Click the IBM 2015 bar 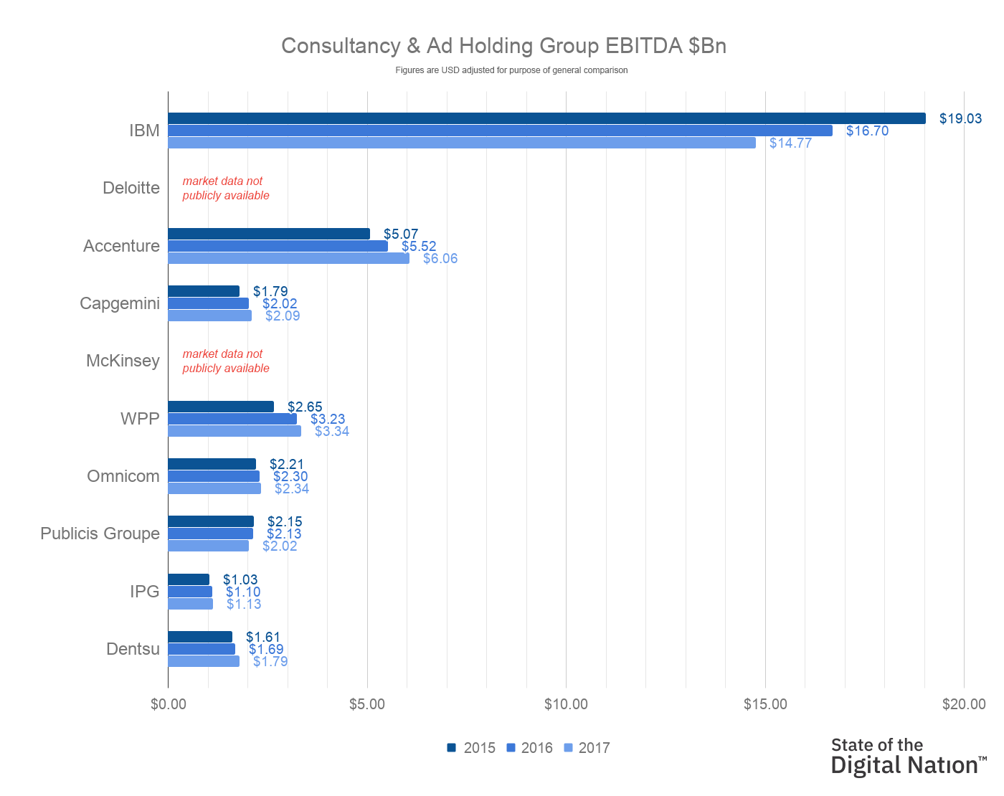546,118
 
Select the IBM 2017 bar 462,143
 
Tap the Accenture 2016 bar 278,246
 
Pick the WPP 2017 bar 235,431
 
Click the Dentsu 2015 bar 200,637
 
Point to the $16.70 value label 867,131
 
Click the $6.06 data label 440,258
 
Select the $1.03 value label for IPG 240,579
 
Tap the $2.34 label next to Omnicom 292,488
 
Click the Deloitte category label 131,188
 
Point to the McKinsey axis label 123,361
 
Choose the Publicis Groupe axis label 100,534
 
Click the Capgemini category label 120,303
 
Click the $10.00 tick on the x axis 566,704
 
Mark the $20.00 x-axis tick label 964,704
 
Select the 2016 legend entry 530,748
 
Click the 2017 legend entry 587,748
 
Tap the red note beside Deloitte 226,188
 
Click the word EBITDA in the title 643,46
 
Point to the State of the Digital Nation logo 908,756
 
